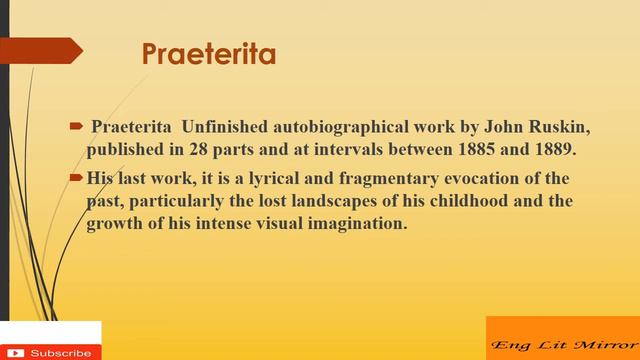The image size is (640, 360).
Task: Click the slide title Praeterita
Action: [x=208, y=53]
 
